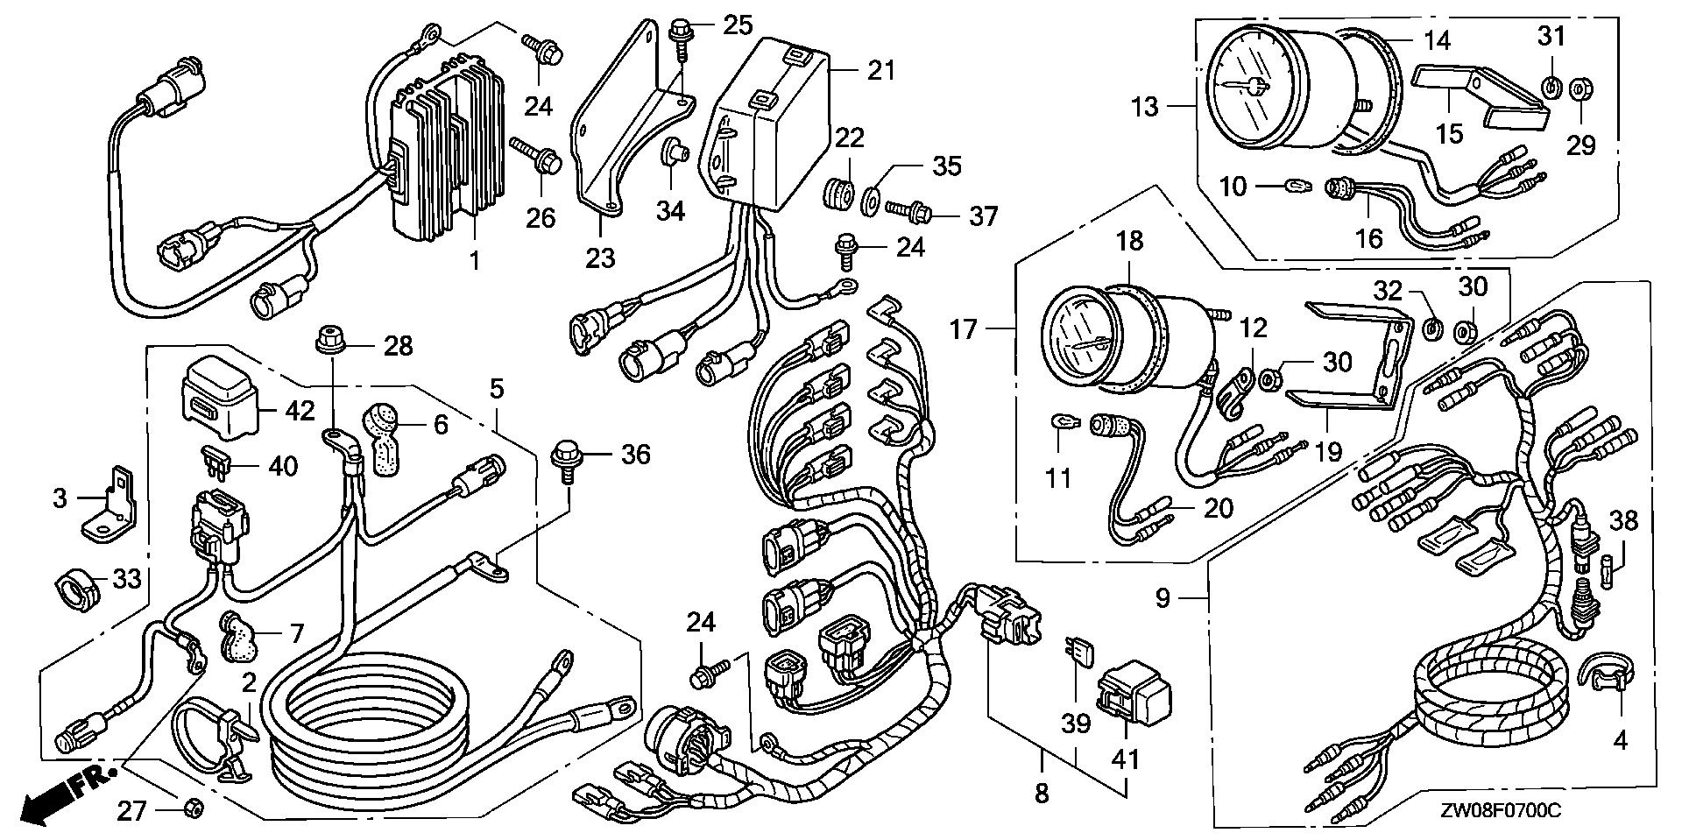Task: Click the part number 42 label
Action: coord(299,410)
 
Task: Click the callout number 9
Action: coord(1162,599)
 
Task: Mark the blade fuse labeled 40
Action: coord(216,458)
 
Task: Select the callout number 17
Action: coord(964,330)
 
